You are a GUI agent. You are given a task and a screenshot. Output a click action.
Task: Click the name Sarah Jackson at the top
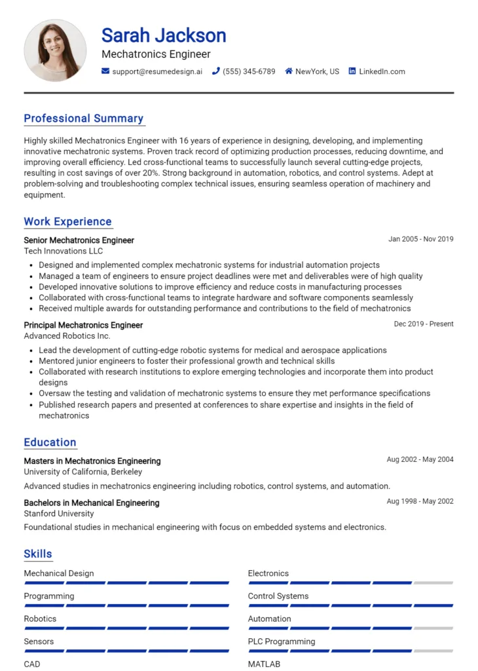(x=164, y=35)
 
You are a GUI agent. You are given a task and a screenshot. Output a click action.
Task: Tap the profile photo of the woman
(x=55, y=50)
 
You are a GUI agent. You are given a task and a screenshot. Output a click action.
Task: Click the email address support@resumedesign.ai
(x=157, y=71)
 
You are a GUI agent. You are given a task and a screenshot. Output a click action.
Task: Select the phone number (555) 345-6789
(x=249, y=71)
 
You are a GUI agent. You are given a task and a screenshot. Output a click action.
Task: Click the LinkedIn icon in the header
(x=352, y=71)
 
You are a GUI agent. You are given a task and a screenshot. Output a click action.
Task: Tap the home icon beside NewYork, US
(x=288, y=71)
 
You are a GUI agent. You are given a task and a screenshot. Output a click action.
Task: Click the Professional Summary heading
(x=83, y=119)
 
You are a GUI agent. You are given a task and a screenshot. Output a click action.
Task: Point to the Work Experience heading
(x=67, y=221)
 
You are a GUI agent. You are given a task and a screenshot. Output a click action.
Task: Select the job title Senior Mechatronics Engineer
(x=79, y=240)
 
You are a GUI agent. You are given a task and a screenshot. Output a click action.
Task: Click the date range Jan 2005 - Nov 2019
(x=420, y=239)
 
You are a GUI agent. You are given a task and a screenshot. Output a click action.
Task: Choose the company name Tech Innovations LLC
(x=63, y=251)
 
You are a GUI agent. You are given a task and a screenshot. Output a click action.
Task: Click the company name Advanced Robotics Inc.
(x=67, y=335)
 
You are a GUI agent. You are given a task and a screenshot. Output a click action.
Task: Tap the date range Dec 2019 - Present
(x=423, y=324)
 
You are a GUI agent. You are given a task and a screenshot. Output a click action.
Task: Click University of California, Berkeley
(x=83, y=472)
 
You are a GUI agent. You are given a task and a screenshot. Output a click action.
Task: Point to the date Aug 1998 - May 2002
(x=420, y=501)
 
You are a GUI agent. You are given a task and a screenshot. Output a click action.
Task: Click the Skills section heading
(x=38, y=554)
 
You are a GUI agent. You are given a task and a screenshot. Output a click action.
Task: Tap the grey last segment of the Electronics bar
(x=433, y=583)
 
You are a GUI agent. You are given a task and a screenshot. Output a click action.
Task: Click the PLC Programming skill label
(x=281, y=642)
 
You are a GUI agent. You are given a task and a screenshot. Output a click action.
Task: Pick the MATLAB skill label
(x=264, y=664)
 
